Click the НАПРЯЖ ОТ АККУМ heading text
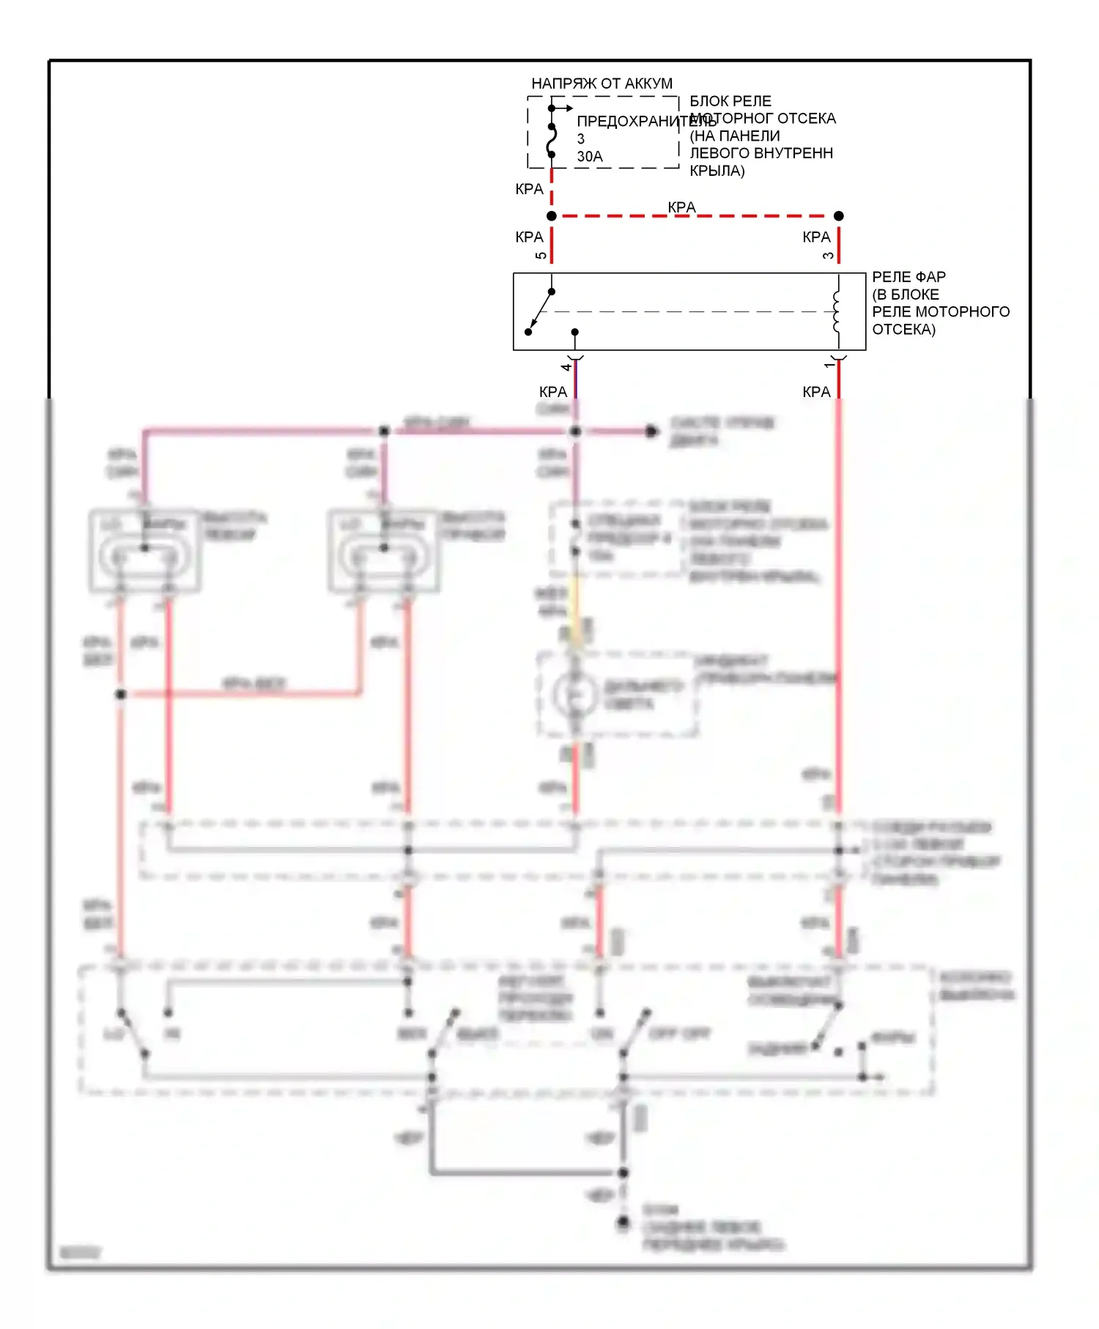pos(602,84)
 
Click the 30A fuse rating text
pos(590,157)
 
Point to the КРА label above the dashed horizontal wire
pos(681,207)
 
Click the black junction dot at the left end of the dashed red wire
pos(552,216)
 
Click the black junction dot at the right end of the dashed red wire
pos(839,216)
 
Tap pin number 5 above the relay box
pos(541,256)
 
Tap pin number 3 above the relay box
pos(828,256)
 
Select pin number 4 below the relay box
pos(566,366)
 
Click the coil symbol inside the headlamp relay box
pos(836,311)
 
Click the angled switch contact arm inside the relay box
pos(540,311)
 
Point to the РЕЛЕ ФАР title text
pos(909,277)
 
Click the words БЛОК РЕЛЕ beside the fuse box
pos(730,101)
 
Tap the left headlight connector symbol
pos(144,551)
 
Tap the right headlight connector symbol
pos(384,551)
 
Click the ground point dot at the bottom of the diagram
pos(623,1222)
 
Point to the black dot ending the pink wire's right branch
pos(651,432)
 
